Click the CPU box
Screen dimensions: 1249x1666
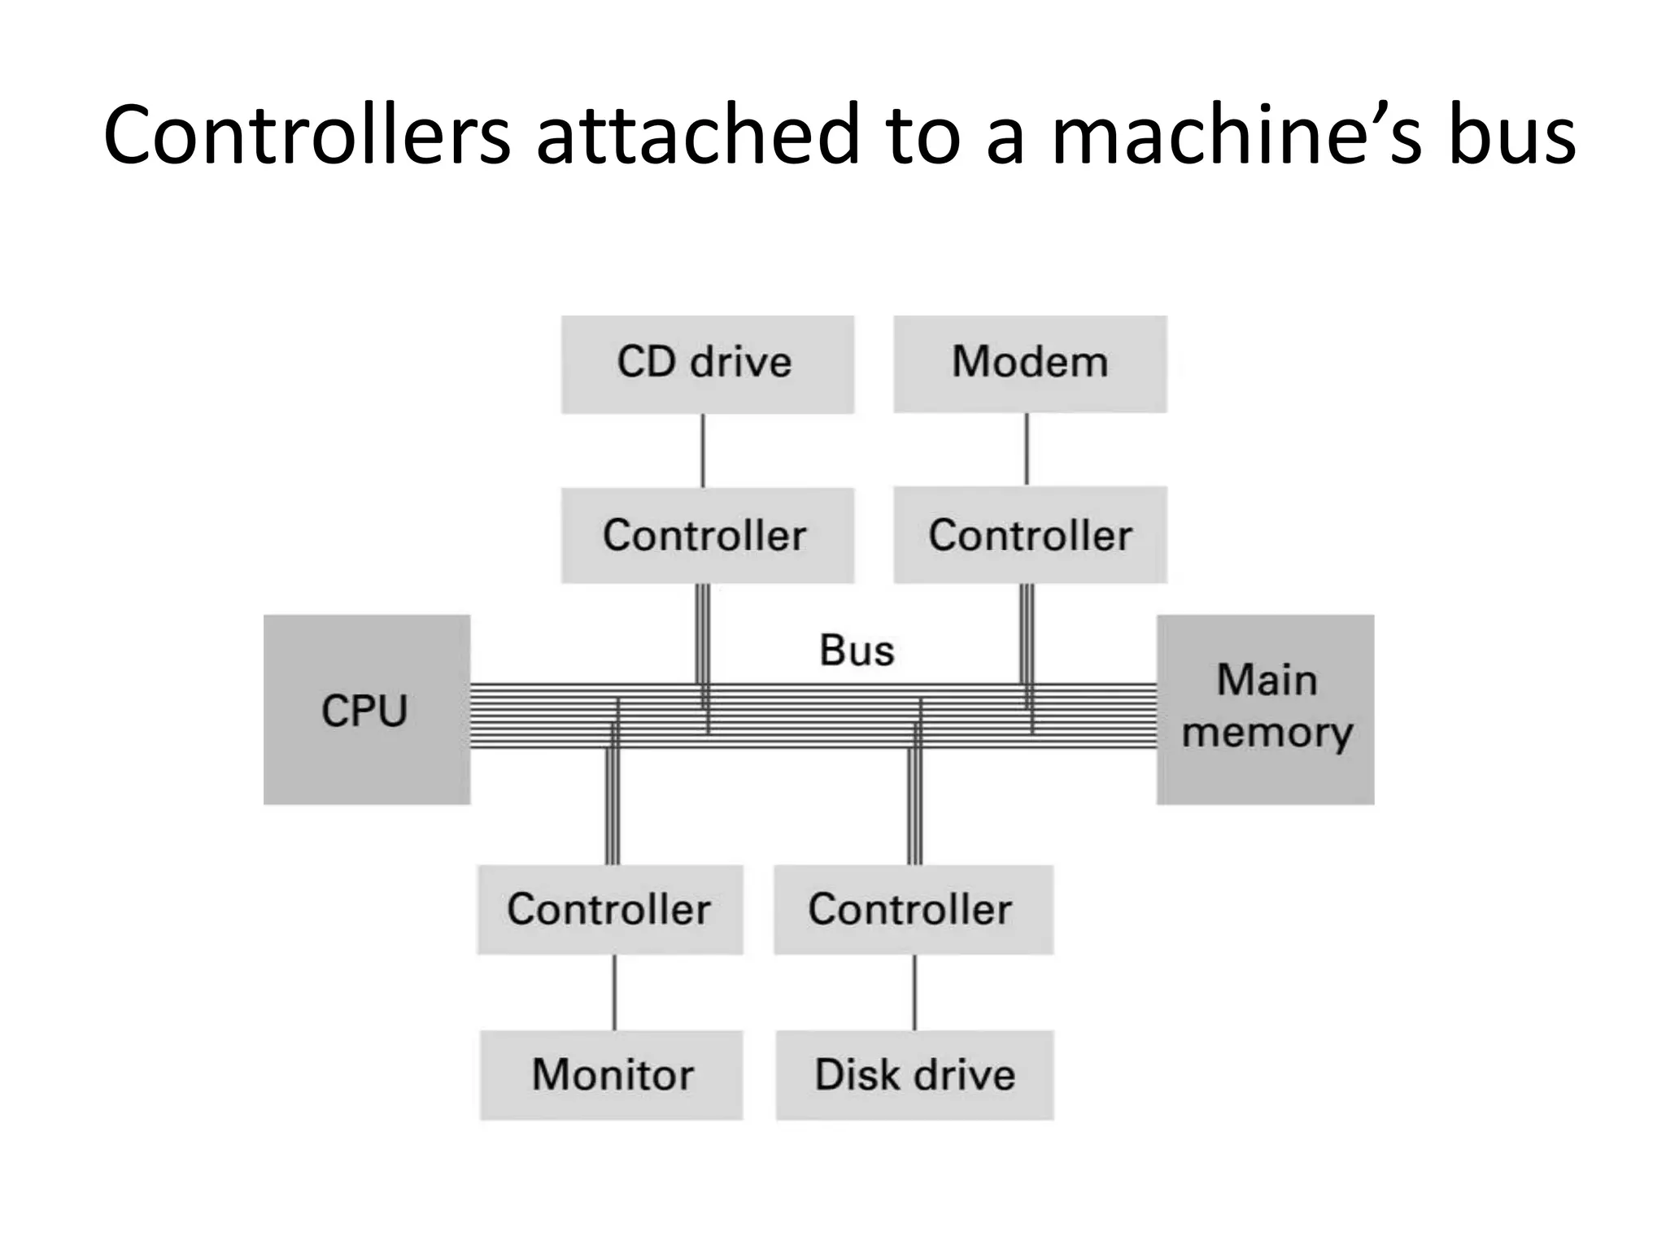[366, 709]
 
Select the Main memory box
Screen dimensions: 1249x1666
[1265, 709]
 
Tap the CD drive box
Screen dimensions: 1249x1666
[707, 363]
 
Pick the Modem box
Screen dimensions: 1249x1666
[1030, 363]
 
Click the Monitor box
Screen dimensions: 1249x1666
[611, 1074]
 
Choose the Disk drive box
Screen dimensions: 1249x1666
[914, 1074]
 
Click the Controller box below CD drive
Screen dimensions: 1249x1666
[707, 535]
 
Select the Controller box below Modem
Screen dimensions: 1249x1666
[1030, 535]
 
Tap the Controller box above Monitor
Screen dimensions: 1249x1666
[609, 909]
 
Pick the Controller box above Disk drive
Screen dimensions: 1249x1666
[913, 909]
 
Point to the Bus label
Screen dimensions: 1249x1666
[856, 651]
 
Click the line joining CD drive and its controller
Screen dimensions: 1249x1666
[703, 450]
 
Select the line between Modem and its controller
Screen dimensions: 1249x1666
[1027, 449]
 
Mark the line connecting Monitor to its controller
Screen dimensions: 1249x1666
[614, 992]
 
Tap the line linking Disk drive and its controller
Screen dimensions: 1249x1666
[914, 992]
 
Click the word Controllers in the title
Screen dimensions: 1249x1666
[307, 134]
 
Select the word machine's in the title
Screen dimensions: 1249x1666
[1236, 134]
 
